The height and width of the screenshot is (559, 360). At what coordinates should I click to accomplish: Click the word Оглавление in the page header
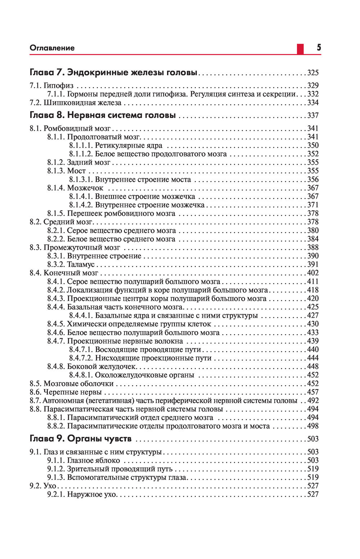click(x=52, y=48)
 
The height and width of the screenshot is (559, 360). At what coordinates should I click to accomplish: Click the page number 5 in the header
click(x=319, y=48)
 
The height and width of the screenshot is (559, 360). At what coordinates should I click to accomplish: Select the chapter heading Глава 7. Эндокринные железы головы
click(x=113, y=72)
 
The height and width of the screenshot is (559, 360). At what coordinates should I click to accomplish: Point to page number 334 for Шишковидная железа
click(x=313, y=103)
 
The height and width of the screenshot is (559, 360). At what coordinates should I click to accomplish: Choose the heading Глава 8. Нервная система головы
click(x=103, y=116)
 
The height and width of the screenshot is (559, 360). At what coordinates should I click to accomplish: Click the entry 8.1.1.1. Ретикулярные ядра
click(x=116, y=145)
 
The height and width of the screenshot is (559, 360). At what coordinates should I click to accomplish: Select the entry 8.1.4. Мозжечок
click(x=75, y=188)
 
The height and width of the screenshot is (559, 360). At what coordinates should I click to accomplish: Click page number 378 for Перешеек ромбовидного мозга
click(x=313, y=213)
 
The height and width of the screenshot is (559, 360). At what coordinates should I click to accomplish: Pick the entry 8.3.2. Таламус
click(x=71, y=265)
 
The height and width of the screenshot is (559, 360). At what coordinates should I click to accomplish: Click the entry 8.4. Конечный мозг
click(x=64, y=273)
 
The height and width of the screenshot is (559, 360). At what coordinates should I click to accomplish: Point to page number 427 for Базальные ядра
click(x=313, y=316)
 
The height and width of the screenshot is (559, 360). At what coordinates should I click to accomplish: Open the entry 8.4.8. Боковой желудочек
click(x=92, y=366)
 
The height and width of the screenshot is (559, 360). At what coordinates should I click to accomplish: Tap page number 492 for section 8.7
click(x=313, y=401)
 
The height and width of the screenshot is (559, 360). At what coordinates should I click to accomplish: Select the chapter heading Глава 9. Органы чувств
click(x=81, y=439)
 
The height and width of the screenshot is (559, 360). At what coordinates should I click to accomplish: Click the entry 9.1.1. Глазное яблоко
click(x=84, y=460)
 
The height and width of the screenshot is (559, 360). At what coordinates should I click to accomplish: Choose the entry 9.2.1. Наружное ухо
click(x=82, y=495)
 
